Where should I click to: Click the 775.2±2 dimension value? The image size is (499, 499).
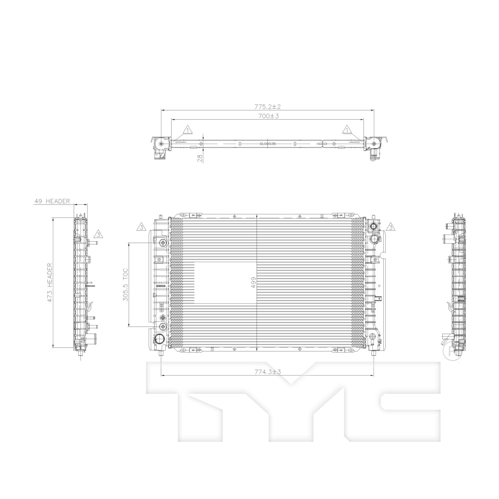pyautogui.click(x=268, y=107)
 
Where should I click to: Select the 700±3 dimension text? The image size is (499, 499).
pyautogui.click(x=268, y=116)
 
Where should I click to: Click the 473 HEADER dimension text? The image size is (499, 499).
pyautogui.click(x=50, y=283)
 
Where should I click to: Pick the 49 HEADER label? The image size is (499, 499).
pyautogui.click(x=52, y=201)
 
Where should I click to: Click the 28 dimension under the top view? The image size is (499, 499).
pyautogui.click(x=200, y=158)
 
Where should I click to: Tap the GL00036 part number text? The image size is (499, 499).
pyautogui.click(x=268, y=144)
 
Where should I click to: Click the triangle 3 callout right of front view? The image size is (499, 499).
pyautogui.click(x=391, y=227)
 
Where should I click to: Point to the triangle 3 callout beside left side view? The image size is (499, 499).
pyautogui.click(x=98, y=234)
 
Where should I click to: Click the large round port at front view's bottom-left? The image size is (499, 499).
pyautogui.click(x=159, y=339)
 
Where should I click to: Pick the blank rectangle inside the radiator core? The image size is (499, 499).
pyautogui.click(x=225, y=283)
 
